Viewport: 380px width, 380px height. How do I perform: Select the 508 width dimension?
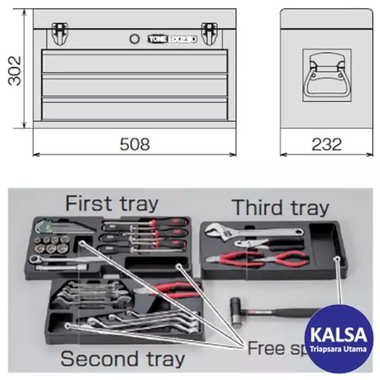(x=135, y=144)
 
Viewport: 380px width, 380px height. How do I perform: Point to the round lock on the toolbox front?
(x=134, y=39)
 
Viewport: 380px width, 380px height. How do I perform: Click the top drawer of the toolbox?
(x=134, y=62)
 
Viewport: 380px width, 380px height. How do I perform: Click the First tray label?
(x=111, y=204)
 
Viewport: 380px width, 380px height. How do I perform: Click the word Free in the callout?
(x=269, y=347)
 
